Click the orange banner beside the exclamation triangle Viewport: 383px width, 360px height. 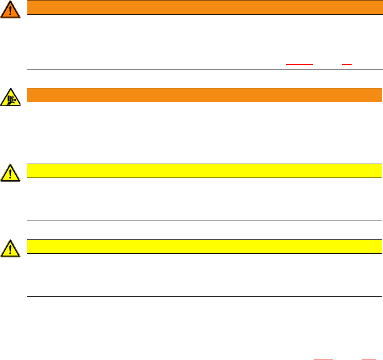(201, 7)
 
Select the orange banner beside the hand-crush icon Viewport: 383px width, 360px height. (201, 95)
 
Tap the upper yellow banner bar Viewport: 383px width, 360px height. (201, 170)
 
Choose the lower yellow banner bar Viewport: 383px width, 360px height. (201, 246)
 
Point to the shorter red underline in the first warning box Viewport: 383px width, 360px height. (346, 65)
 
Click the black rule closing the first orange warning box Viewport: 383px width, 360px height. (205, 69)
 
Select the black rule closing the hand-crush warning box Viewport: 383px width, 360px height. (205, 145)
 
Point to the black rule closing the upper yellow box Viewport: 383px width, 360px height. (205, 221)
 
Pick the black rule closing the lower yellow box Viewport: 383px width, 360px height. (205, 296)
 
